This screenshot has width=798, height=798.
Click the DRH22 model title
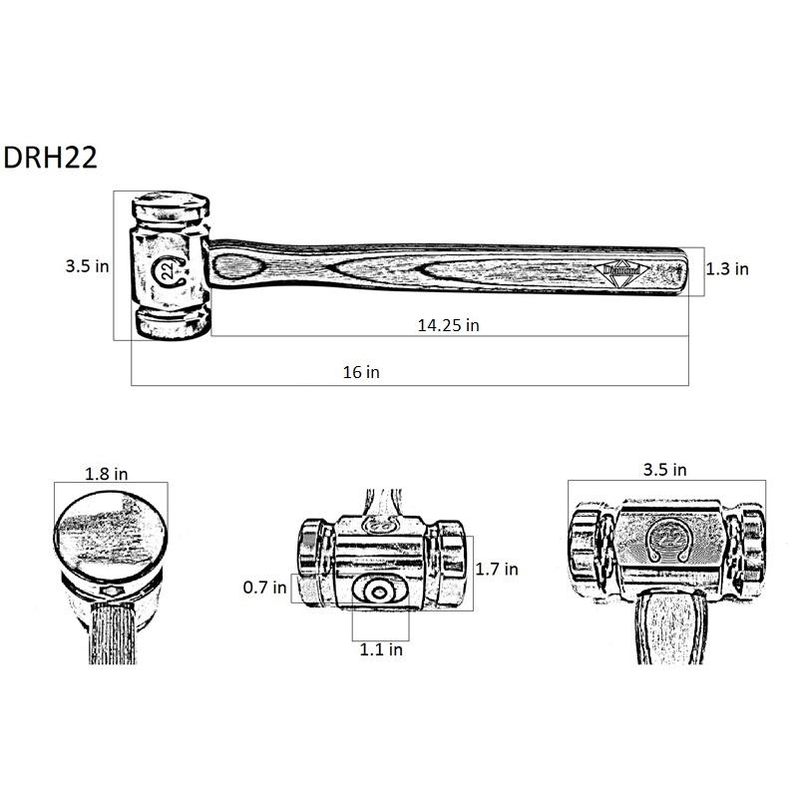(50, 158)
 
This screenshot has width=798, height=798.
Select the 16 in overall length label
(361, 372)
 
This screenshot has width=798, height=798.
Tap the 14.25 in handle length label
(448, 325)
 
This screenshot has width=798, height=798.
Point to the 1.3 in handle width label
(727, 268)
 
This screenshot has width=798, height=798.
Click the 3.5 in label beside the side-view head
(87, 265)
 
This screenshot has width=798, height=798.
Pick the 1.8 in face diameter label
(106, 474)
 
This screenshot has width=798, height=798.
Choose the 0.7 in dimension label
(264, 588)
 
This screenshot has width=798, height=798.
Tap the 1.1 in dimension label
(381, 649)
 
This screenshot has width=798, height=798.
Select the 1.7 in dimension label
(497, 569)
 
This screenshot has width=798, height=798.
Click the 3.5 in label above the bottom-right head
(664, 469)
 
